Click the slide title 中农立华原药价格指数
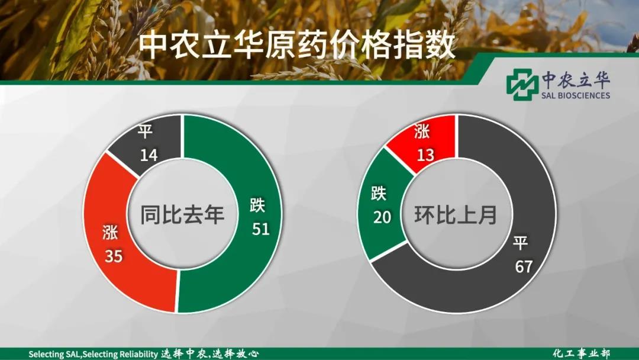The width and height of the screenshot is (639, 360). pyautogui.click(x=297, y=46)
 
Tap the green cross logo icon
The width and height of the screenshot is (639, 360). pyautogui.click(x=522, y=84)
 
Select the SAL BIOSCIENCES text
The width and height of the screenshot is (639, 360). pyautogui.click(x=576, y=95)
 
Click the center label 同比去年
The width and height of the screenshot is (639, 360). pyautogui.click(x=183, y=214)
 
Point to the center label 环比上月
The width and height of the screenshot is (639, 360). pyautogui.click(x=456, y=214)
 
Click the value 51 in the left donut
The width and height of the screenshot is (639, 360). pyautogui.click(x=261, y=229)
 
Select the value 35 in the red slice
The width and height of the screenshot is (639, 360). pyautogui.click(x=114, y=256)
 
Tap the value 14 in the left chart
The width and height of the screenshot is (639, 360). pyautogui.click(x=149, y=155)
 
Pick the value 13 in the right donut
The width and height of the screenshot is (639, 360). pyautogui.click(x=426, y=155)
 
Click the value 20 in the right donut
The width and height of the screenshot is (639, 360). pyautogui.click(x=382, y=217)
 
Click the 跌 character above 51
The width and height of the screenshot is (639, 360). pyautogui.click(x=257, y=205)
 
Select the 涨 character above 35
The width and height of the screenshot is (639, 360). pyautogui.click(x=110, y=233)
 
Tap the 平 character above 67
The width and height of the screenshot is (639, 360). pyautogui.click(x=521, y=243)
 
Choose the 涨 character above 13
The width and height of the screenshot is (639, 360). pyautogui.click(x=422, y=131)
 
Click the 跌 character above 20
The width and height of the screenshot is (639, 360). pyautogui.click(x=379, y=193)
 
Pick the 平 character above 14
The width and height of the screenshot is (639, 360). pyautogui.click(x=145, y=131)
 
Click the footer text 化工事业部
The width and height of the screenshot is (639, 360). pyautogui.click(x=582, y=353)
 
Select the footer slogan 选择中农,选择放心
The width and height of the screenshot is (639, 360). pyautogui.click(x=209, y=353)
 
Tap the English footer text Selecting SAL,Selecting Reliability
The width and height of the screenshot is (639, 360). pyautogui.click(x=93, y=354)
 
